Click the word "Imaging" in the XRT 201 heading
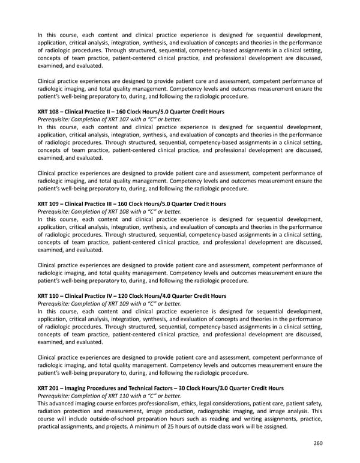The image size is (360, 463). [76, 389]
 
